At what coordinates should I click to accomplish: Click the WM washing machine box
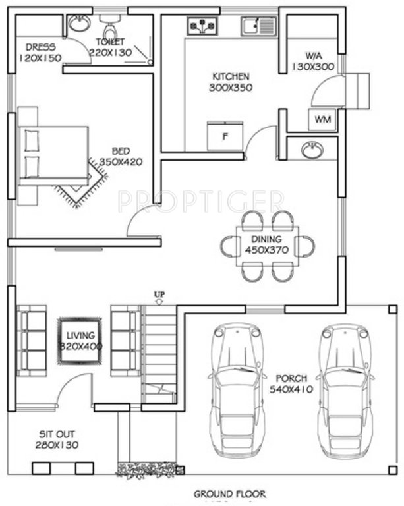click(x=322, y=119)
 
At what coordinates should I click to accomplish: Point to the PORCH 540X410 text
click(x=290, y=384)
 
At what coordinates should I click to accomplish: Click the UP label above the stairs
click(x=159, y=293)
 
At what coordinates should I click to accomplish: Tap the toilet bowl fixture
click(x=110, y=30)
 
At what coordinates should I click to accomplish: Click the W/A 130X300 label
click(x=311, y=61)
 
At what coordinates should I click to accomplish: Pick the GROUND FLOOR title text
click(x=221, y=493)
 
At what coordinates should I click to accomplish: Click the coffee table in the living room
click(x=80, y=339)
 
